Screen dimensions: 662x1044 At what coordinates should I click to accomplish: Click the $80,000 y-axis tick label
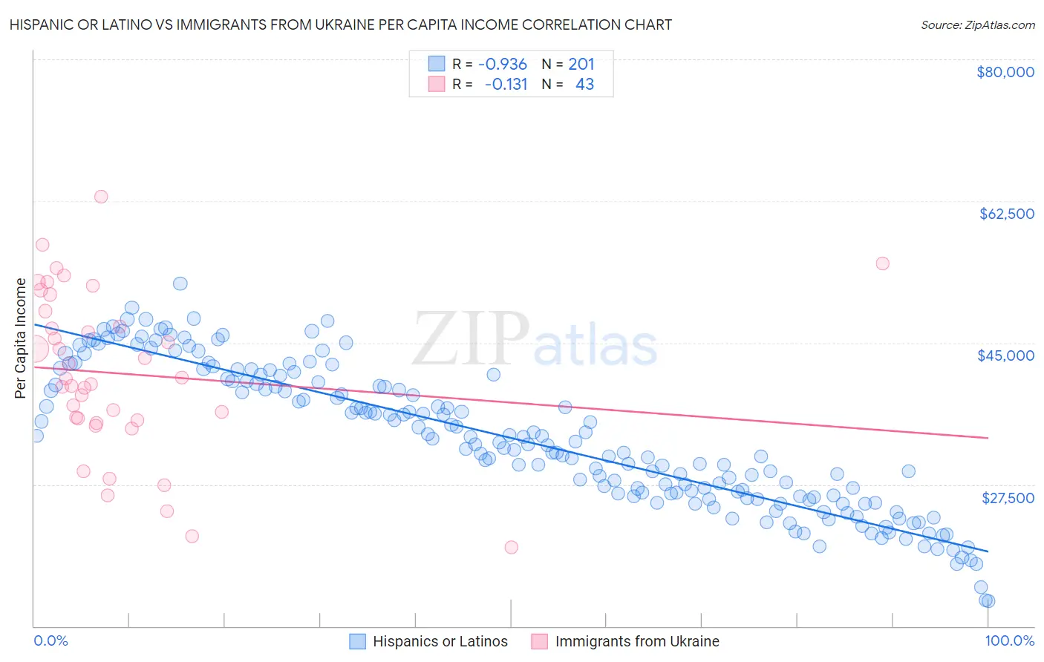click(x=1005, y=72)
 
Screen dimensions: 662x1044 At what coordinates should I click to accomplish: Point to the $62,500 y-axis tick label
click(x=1006, y=214)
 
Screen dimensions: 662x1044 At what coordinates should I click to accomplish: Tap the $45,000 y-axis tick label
click(x=1005, y=355)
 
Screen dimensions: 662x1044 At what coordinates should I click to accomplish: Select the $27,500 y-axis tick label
click(x=1008, y=497)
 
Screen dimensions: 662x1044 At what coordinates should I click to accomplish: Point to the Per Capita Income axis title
click(x=20, y=338)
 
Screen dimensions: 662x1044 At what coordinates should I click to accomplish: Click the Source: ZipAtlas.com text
click(x=977, y=25)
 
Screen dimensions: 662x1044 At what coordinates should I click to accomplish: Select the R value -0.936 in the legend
click(x=502, y=65)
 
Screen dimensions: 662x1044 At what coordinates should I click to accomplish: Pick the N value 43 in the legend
click(x=584, y=85)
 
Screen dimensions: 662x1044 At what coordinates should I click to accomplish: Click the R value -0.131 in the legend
click(x=506, y=85)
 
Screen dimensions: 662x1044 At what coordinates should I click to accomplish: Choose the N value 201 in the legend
click(x=581, y=65)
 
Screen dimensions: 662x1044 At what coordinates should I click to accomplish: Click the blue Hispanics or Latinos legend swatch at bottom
click(x=358, y=641)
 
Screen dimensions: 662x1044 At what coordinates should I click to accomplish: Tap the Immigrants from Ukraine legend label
click(x=637, y=641)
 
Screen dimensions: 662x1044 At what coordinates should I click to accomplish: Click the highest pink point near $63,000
click(x=101, y=197)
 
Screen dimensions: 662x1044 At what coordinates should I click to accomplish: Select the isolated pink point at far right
click(x=882, y=263)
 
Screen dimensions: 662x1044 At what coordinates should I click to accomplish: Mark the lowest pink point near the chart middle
click(x=511, y=547)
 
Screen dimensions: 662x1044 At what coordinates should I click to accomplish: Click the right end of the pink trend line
click(x=988, y=438)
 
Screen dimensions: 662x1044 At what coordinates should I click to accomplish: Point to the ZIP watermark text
click(x=470, y=338)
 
